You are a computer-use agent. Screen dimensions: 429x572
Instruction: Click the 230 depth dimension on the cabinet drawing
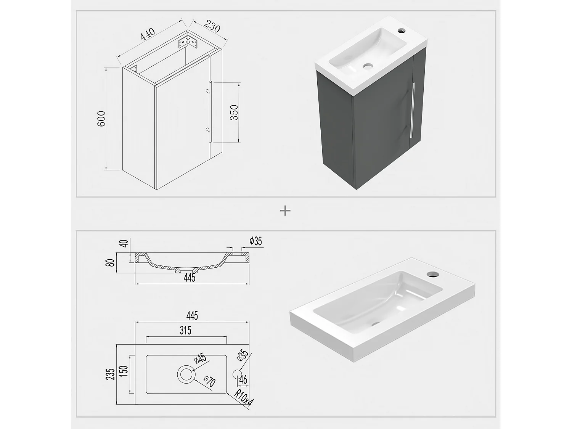(x=212, y=27)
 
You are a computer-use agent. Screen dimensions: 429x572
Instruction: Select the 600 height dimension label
(x=101, y=119)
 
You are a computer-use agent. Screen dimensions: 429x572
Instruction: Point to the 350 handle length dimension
(x=234, y=112)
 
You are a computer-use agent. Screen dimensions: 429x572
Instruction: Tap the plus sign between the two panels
(x=285, y=210)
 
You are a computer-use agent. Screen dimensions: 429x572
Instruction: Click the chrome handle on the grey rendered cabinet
(x=412, y=111)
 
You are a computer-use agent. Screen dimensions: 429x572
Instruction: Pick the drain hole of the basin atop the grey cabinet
(x=368, y=66)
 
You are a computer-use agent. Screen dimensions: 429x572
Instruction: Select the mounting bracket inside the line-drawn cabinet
(x=188, y=41)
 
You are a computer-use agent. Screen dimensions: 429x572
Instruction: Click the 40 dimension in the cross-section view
(x=123, y=243)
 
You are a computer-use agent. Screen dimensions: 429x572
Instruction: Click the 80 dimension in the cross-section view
(x=111, y=263)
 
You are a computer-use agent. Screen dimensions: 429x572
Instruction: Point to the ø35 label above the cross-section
(x=255, y=241)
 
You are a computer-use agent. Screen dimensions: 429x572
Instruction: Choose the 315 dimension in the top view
(x=185, y=330)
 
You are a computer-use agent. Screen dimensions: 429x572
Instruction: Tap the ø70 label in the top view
(x=209, y=381)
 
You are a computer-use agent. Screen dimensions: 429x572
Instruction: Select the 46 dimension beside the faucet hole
(x=243, y=379)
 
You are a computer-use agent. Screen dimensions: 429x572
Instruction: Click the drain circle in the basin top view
(x=186, y=374)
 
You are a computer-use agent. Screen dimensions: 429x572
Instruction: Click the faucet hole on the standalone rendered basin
(x=432, y=274)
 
